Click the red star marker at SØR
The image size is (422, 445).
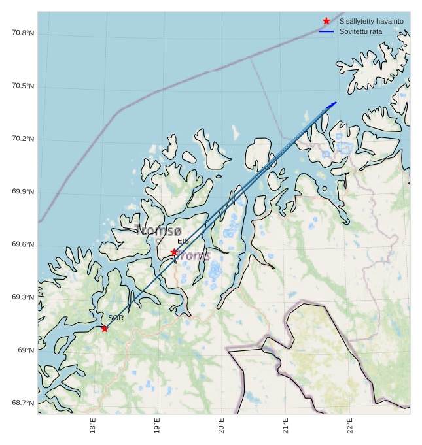(105, 328)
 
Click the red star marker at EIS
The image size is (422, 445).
(174, 252)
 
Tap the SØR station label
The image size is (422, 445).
(116, 318)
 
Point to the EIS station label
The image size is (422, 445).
(183, 241)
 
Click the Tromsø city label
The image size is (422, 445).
(158, 231)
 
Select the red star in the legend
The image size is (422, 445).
(326, 21)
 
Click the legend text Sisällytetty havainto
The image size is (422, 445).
(371, 21)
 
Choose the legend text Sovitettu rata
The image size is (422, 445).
(360, 31)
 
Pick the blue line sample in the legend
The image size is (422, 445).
(326, 31)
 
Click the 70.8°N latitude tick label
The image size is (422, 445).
(23, 33)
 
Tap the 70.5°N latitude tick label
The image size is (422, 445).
(23, 86)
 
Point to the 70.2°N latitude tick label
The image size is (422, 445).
(23, 139)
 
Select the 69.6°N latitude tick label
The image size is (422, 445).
(23, 244)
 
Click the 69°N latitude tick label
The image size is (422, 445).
(26, 350)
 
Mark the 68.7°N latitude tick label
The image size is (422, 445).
(23, 403)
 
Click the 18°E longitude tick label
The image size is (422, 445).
(94, 425)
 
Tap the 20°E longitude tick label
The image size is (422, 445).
(222, 425)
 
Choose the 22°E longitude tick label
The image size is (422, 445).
(350, 425)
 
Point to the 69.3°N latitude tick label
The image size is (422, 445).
(23, 297)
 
